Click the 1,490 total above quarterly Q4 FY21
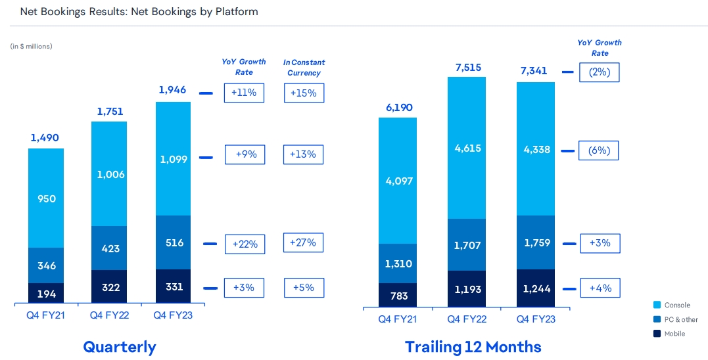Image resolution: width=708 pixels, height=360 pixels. pyautogui.click(x=45, y=138)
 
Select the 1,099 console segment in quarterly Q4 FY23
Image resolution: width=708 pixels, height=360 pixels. pyautogui.click(x=173, y=158)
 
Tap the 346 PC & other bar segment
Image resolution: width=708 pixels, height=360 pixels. pyautogui.click(x=46, y=266)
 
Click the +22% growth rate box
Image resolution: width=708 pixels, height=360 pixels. pyautogui.click(x=245, y=244)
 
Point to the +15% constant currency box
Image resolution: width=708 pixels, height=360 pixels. pyautogui.click(x=304, y=93)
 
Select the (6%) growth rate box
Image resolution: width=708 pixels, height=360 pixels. pyautogui.click(x=599, y=150)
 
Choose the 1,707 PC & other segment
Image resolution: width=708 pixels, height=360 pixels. pyautogui.click(x=467, y=245)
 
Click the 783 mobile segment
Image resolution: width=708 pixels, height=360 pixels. pyautogui.click(x=398, y=296)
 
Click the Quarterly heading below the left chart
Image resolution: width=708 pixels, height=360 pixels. pyautogui.click(x=120, y=347)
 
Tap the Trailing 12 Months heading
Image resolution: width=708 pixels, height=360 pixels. pyautogui.click(x=473, y=347)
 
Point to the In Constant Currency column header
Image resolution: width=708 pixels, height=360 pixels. pyautogui.click(x=304, y=68)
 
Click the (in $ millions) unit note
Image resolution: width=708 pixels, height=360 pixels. pyautogui.click(x=32, y=46)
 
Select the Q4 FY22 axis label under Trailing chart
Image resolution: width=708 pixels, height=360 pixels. pyautogui.click(x=467, y=319)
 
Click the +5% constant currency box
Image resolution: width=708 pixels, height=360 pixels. pyautogui.click(x=304, y=287)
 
